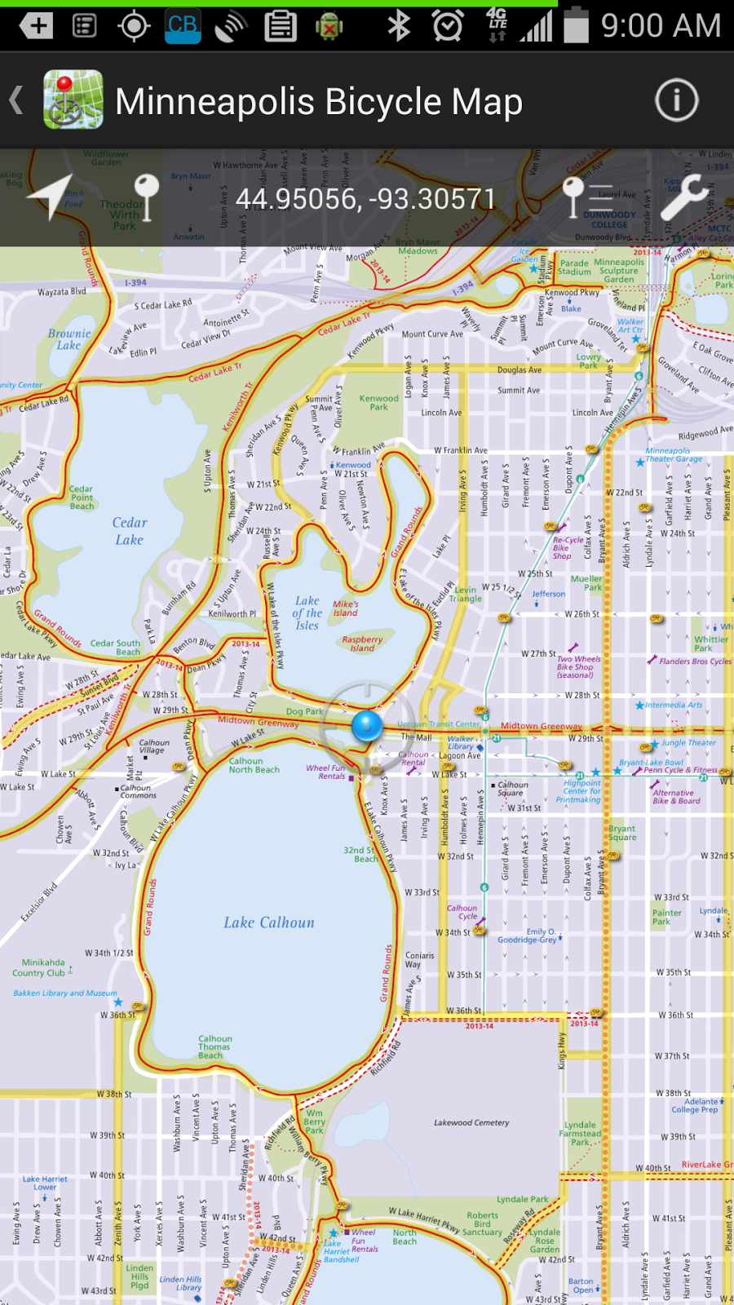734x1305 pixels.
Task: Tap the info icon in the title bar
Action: click(676, 101)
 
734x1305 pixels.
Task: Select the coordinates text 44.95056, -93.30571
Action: click(365, 199)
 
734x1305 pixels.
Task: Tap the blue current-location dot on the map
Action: click(367, 725)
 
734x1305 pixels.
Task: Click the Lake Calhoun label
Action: click(269, 922)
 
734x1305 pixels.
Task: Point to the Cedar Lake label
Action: click(130, 531)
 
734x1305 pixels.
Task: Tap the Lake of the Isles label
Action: click(307, 613)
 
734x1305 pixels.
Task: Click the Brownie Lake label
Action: click(69, 338)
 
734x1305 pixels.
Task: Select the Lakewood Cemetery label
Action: click(471, 1122)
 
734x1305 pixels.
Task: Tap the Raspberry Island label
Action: click(362, 644)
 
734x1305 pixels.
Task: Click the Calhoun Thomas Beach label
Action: click(214, 1047)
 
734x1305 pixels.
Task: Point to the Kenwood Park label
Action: click(379, 402)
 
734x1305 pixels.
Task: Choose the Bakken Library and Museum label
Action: click(65, 993)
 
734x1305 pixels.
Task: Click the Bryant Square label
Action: click(621, 833)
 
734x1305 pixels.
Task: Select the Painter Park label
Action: click(666, 917)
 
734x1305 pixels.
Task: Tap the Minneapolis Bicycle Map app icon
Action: click(73, 101)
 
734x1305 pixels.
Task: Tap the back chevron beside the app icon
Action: click(16, 101)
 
